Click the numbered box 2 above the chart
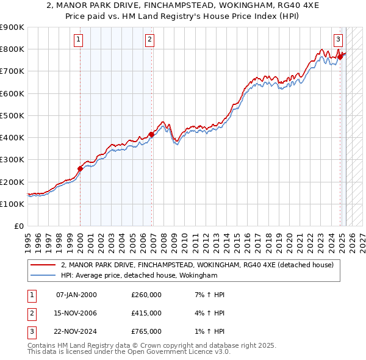tap(149, 40)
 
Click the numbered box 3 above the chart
tap(338, 40)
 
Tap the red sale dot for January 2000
tap(80, 168)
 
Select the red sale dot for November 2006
tap(151, 134)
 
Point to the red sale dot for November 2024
tap(340, 57)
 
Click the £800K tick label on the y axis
tap(12, 49)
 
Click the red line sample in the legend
tap(43, 265)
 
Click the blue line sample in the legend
tap(43, 276)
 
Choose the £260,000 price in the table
tap(146, 295)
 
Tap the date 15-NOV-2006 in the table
tap(76, 313)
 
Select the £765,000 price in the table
tap(146, 331)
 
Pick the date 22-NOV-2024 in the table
tap(76, 331)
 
